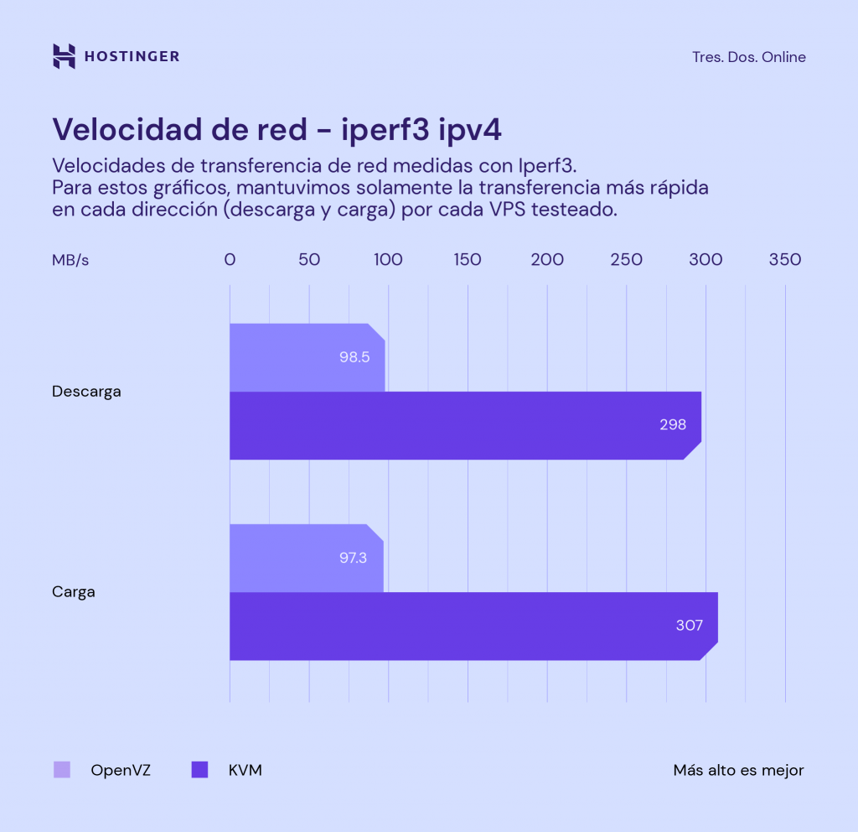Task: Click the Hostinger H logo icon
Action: point(64,56)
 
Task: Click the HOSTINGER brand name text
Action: point(132,57)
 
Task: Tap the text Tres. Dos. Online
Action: point(748,57)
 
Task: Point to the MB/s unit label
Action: point(70,260)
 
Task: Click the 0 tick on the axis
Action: point(230,260)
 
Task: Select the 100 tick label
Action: point(388,260)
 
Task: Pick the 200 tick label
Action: point(547,260)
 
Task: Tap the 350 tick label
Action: point(785,260)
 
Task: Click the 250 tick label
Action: point(626,260)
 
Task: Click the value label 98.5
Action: point(354,357)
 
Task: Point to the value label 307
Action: point(689,626)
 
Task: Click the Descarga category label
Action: point(86,392)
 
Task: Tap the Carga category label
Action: point(74,592)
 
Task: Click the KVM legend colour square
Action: point(199,770)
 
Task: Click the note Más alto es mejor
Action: point(738,770)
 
